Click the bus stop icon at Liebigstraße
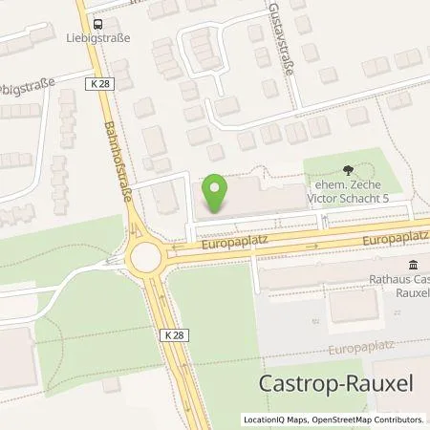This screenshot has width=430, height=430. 97,24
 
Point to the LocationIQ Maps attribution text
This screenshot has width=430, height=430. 275,419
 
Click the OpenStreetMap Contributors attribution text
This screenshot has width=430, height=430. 366,419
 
